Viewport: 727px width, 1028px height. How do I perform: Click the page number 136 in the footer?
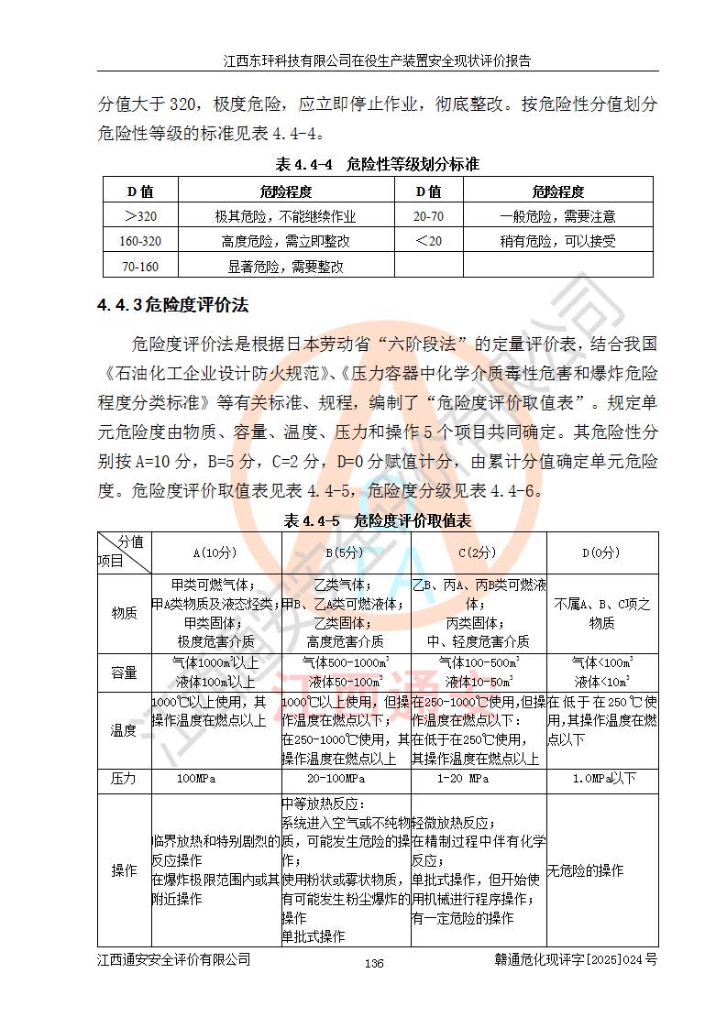374,963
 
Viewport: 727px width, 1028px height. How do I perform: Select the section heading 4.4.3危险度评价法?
173,303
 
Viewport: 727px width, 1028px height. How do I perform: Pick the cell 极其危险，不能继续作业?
285,217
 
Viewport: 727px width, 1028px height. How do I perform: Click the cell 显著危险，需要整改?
285,267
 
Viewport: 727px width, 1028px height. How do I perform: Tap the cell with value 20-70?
428,217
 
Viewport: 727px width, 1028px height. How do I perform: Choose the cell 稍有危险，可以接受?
557,242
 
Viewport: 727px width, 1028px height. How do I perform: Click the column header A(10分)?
215,552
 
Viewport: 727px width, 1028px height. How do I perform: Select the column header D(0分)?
601,552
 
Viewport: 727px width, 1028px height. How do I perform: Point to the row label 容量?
124,673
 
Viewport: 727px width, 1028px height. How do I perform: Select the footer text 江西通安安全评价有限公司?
173,959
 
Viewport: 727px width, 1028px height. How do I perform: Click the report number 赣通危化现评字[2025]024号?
575,959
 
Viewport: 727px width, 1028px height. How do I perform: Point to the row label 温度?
124,730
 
